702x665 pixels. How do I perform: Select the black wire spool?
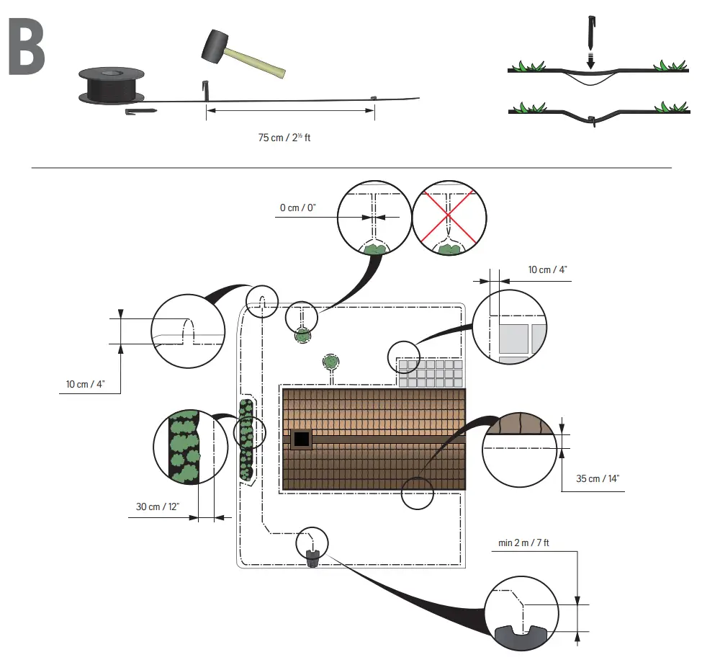tap(112, 86)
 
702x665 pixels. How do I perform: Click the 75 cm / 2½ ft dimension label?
tap(284, 137)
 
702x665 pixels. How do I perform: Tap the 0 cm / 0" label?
tap(298, 207)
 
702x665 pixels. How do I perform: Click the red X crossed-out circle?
tap(449, 217)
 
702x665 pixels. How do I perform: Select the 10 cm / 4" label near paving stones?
tap(547, 269)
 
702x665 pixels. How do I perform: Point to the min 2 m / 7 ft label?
tap(523, 543)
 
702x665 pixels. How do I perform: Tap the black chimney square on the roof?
tap(301, 438)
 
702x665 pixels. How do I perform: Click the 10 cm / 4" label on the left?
tap(81, 383)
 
